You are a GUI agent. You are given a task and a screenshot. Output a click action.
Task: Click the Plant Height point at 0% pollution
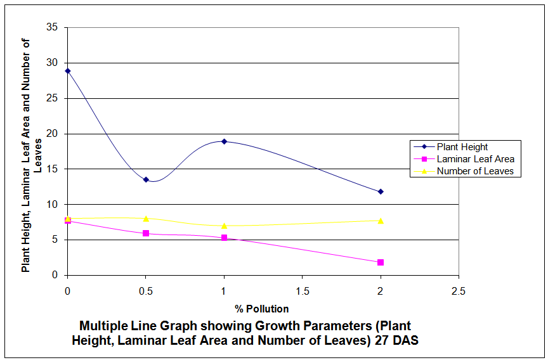pos(68,71)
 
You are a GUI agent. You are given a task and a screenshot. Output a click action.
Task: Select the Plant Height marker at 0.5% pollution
pos(146,179)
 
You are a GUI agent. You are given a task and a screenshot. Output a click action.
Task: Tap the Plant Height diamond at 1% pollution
pos(224,141)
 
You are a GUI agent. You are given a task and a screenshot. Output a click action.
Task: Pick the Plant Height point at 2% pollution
pos(381,191)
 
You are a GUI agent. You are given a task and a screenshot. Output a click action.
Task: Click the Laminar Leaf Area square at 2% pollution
pos(381,262)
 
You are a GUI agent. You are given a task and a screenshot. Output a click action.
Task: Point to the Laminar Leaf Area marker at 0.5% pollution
pos(146,233)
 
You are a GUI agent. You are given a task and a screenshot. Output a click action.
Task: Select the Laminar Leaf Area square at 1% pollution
pos(224,238)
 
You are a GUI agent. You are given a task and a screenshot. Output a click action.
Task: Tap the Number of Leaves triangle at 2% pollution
pos(381,221)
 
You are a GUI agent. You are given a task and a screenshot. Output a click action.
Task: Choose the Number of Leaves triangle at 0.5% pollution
pos(146,219)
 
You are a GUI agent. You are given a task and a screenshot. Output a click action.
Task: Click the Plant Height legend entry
pos(462,147)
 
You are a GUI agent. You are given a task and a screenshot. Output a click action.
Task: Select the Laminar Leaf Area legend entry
pos(475,159)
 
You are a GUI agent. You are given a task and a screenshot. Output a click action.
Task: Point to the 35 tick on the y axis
pos(53,27)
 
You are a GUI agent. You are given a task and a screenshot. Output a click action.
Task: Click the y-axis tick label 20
pos(53,134)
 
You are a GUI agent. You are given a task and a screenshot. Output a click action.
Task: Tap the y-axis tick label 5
pos(55,240)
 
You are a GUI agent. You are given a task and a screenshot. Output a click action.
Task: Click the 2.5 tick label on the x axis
pos(459,292)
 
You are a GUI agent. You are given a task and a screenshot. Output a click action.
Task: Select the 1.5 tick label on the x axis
pos(302,292)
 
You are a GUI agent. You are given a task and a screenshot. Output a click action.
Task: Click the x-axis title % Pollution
pos(262,309)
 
